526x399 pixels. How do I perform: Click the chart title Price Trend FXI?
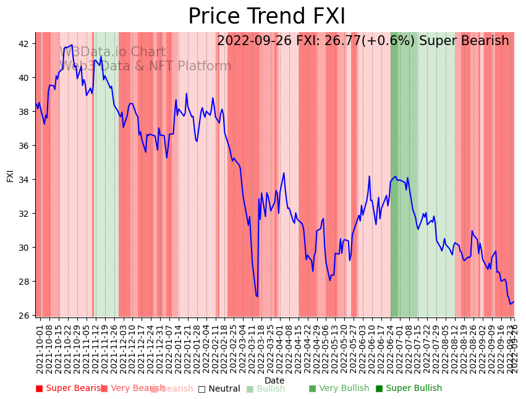[266, 17]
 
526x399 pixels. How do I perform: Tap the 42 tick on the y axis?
[23, 44]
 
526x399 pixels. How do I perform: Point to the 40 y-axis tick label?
[23, 78]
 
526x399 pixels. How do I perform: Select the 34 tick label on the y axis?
[23, 180]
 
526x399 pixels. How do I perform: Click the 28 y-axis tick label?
[23, 282]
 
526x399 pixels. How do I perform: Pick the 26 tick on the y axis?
[23, 316]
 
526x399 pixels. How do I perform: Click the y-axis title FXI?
[10, 175]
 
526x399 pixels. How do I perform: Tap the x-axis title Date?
[274, 381]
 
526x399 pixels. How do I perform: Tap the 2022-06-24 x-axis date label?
[390, 346]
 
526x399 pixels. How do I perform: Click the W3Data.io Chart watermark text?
[112, 52]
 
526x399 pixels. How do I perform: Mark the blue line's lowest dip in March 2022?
[257, 296]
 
